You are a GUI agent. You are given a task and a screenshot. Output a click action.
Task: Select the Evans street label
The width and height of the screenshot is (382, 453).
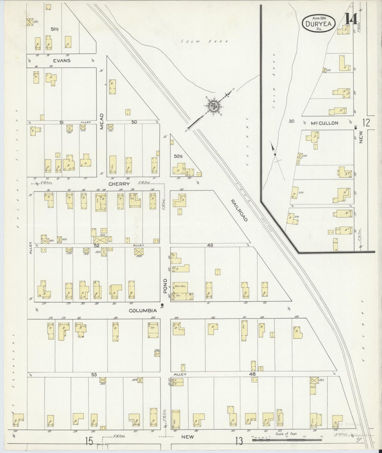(x=62, y=61)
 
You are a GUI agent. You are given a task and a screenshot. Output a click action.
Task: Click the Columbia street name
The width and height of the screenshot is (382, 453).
(x=143, y=311)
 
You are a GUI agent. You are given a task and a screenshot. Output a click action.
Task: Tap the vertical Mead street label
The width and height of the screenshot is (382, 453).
(x=102, y=121)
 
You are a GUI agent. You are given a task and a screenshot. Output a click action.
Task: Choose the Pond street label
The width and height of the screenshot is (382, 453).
(x=165, y=286)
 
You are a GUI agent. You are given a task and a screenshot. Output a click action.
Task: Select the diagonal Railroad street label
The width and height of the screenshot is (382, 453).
(x=239, y=211)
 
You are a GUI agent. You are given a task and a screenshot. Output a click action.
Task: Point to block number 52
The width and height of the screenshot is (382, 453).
(x=97, y=245)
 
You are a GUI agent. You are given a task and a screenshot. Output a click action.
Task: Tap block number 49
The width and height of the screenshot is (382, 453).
(x=210, y=245)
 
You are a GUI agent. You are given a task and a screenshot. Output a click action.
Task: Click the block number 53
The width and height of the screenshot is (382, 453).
(x=94, y=374)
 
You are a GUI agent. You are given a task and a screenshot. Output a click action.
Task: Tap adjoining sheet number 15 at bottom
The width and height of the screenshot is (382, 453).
(x=89, y=441)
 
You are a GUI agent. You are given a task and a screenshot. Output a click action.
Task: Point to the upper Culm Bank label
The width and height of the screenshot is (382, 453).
(x=204, y=41)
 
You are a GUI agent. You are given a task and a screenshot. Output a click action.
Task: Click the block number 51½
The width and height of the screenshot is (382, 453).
(x=55, y=29)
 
